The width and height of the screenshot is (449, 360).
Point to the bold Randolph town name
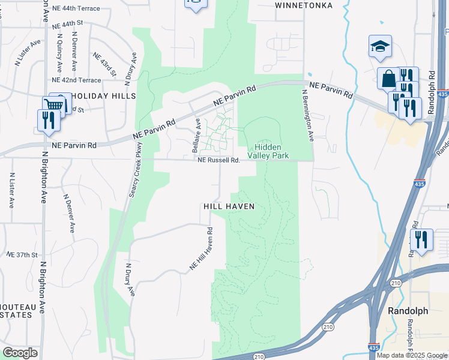click(x=408, y=311)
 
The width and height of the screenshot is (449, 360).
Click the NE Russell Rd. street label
click(x=219, y=160)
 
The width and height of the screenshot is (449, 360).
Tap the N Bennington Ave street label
click(x=308, y=115)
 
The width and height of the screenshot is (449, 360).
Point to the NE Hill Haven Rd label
click(x=202, y=248)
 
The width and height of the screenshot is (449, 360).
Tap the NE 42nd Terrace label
click(x=76, y=80)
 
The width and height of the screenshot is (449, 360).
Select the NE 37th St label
click(x=22, y=255)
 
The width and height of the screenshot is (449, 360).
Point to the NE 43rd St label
click(x=105, y=64)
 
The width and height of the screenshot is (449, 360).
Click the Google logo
click(x=20, y=353)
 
